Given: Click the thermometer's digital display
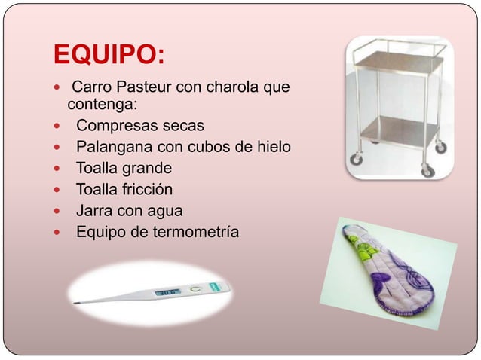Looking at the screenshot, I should pyautogui.click(x=167, y=291).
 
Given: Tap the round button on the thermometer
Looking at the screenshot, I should pyautogui.click(x=195, y=288).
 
